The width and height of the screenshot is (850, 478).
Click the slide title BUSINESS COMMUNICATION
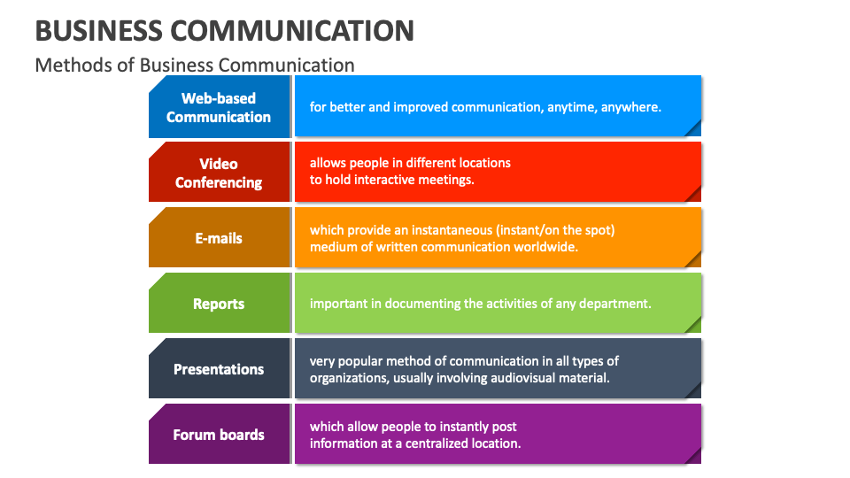(x=225, y=30)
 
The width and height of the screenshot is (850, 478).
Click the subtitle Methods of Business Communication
(x=195, y=65)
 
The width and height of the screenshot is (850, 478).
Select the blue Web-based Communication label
(x=219, y=107)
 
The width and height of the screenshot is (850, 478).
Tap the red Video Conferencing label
(x=219, y=173)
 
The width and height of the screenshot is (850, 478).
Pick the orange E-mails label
(x=219, y=238)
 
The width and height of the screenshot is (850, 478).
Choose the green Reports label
(x=219, y=304)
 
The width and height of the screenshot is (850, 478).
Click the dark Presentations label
(x=219, y=369)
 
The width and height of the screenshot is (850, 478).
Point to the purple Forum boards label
(x=219, y=435)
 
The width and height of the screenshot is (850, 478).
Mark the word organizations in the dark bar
(x=348, y=378)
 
